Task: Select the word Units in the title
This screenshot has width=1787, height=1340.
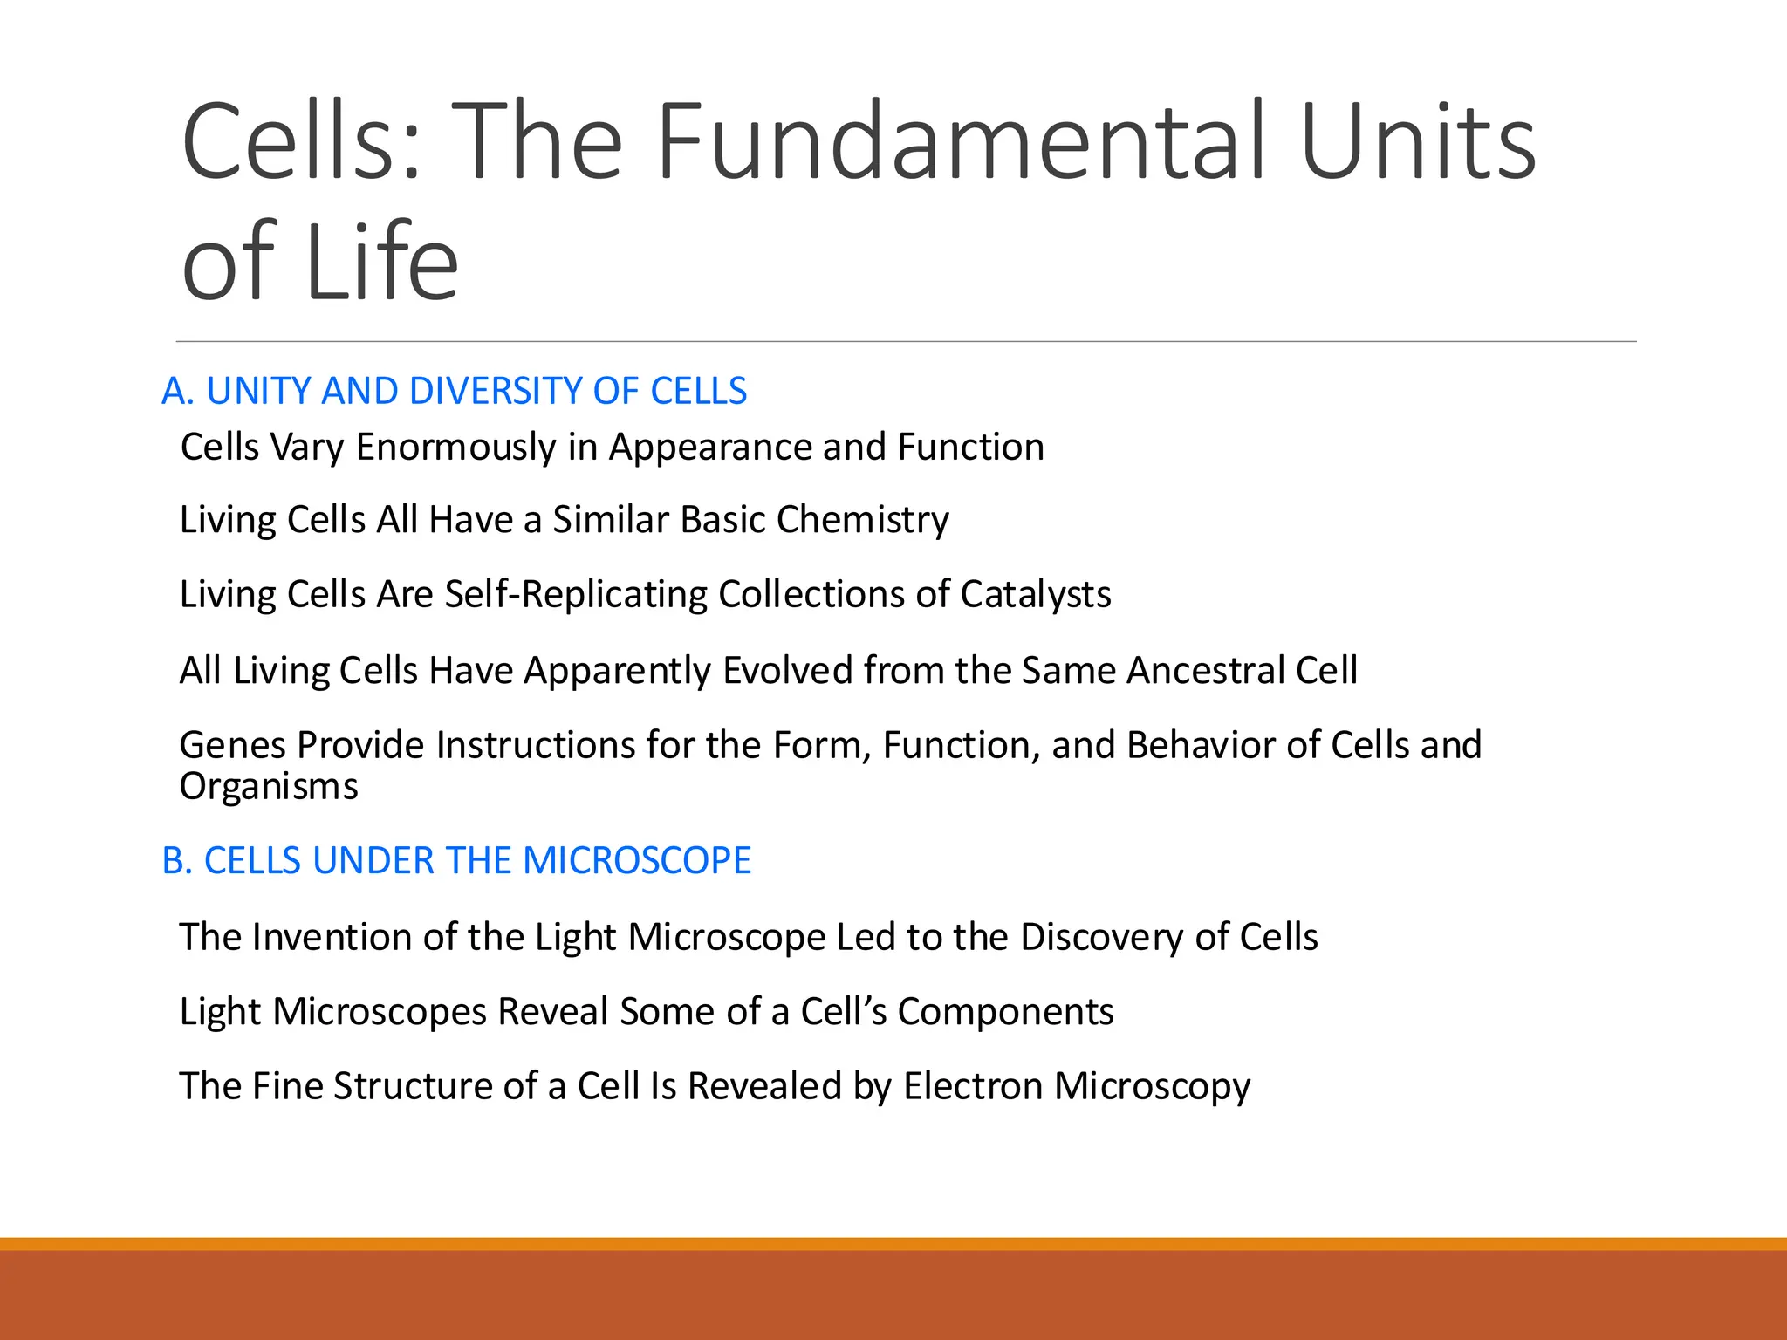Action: coord(1418,142)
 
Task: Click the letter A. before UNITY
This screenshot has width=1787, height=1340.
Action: coord(178,391)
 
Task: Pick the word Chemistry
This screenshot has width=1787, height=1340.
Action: coord(862,521)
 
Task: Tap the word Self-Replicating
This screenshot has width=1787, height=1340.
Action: coord(575,594)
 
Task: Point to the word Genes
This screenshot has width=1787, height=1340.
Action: coord(232,746)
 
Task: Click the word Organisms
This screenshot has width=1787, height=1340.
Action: coord(269,787)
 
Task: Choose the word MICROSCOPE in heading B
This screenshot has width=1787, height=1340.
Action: coord(636,861)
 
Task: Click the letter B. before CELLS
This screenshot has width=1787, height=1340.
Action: coord(176,861)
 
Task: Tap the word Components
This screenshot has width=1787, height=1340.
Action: coord(1005,1012)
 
